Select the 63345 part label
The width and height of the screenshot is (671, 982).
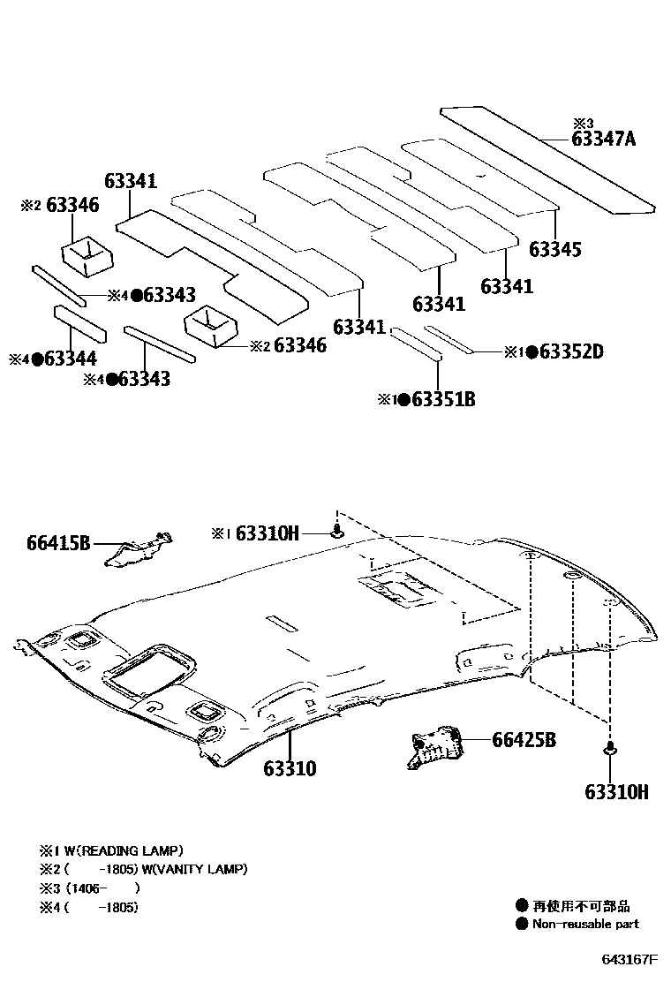[x=555, y=249]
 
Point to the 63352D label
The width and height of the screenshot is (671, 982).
[x=571, y=351]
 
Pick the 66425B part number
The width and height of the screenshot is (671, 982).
[x=524, y=740]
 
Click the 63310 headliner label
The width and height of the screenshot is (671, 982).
[x=289, y=768]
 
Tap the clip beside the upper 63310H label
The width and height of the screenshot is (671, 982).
[x=336, y=532]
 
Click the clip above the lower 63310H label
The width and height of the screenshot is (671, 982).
[x=609, y=751]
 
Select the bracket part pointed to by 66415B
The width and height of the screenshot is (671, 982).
[x=137, y=549]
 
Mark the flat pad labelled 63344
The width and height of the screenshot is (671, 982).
[x=79, y=324]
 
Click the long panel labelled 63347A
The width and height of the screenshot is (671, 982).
[x=547, y=157]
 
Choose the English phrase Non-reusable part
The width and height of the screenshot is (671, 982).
[x=585, y=924]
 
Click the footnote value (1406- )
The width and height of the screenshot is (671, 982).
[x=102, y=888]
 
